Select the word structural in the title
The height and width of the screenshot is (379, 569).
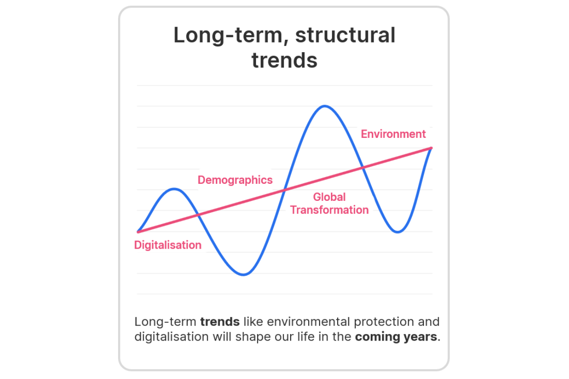pyautogui.click(x=345, y=35)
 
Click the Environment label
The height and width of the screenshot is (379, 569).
pyautogui.click(x=393, y=134)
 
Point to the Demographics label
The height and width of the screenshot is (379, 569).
pyautogui.click(x=235, y=180)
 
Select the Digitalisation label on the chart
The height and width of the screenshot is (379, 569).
pyautogui.click(x=168, y=245)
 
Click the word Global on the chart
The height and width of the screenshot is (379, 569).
pyautogui.click(x=329, y=197)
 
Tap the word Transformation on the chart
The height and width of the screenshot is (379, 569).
pyautogui.click(x=329, y=210)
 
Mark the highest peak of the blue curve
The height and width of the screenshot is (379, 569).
pyautogui.click(x=325, y=106)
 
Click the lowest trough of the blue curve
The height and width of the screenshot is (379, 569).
pyautogui.click(x=243, y=275)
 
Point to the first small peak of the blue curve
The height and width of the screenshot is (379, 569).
pyautogui.click(x=174, y=189)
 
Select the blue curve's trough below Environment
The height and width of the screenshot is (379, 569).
pyautogui.click(x=397, y=232)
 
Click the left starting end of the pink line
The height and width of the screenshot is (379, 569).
pyautogui.click(x=138, y=232)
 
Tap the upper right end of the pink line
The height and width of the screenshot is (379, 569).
pyautogui.click(x=431, y=148)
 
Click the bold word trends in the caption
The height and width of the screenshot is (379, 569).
pyautogui.click(x=220, y=322)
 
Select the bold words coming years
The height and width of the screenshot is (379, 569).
pyautogui.click(x=396, y=337)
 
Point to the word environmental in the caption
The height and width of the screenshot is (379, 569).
pyautogui.click(x=308, y=322)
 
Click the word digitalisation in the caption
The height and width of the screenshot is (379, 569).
pyautogui.click(x=172, y=337)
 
